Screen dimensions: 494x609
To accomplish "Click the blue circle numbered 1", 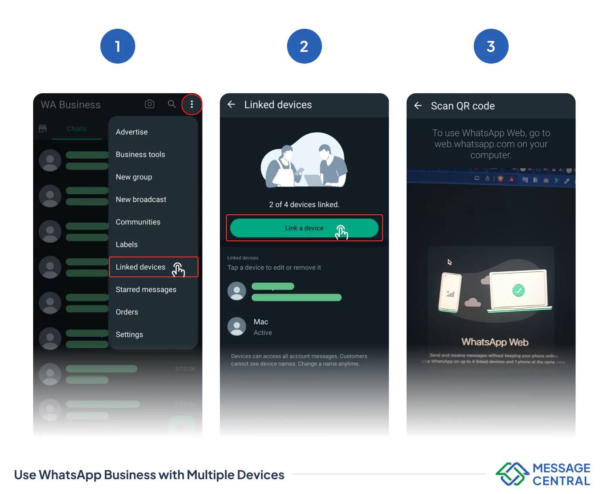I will click(117, 46).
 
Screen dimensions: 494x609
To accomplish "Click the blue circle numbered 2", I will click(304, 46).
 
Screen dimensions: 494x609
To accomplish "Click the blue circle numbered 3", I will click(491, 46).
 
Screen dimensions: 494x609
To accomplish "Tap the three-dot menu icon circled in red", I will click(192, 104).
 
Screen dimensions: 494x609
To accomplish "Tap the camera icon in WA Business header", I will click(150, 104).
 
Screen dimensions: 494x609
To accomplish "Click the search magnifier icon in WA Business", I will click(172, 104).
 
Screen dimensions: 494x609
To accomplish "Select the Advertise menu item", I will click(132, 132).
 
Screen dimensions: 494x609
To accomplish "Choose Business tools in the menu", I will click(140, 155).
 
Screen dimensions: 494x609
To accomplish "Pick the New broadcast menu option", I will click(141, 200).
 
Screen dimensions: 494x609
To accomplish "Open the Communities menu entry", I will click(138, 222).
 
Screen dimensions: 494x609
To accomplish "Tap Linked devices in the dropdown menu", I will click(140, 267).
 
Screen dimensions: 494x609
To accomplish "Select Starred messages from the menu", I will click(146, 290).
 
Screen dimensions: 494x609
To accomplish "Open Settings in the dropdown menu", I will click(129, 335).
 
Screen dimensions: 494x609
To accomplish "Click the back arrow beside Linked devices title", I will click(232, 105).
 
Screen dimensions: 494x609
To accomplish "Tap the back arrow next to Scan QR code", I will click(418, 105).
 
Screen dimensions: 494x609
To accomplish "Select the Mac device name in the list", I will click(261, 322).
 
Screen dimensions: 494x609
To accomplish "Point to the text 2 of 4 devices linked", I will click(304, 205).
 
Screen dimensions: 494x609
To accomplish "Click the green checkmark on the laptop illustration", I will click(518, 290).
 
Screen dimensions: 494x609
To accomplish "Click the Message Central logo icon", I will click(512, 474).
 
